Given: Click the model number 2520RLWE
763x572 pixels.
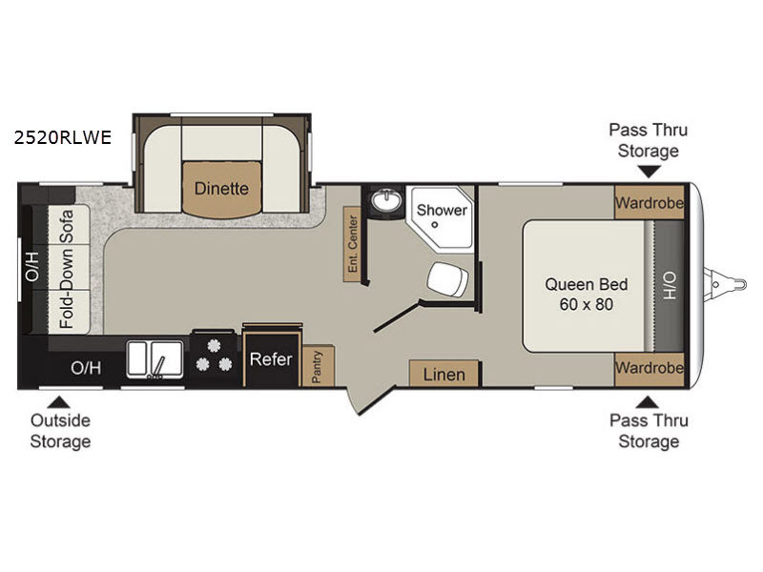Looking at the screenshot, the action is (63, 137).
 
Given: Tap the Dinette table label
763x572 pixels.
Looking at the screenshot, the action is (221, 188).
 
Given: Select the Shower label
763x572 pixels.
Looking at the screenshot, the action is (442, 210).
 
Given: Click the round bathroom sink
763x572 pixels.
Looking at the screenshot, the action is (387, 200).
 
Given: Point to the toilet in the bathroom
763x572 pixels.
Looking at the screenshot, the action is (447, 279).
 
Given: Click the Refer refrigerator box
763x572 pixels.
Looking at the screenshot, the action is (271, 359).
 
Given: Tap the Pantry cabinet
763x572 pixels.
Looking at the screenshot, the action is (318, 366).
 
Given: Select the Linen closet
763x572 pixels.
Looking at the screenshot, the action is (444, 374).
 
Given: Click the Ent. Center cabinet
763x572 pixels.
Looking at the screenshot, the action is (352, 244).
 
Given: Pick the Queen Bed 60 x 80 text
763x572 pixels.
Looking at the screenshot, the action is (587, 295).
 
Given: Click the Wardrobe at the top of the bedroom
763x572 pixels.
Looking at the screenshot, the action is (650, 202).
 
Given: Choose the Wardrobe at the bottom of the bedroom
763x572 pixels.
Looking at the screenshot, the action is (650, 369).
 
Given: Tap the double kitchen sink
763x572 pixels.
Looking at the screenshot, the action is (155, 359).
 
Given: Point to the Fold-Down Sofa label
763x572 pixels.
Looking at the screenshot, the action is (66, 269).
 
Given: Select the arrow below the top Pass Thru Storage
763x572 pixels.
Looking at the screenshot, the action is (650, 172).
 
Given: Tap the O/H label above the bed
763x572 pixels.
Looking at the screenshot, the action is (670, 285).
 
